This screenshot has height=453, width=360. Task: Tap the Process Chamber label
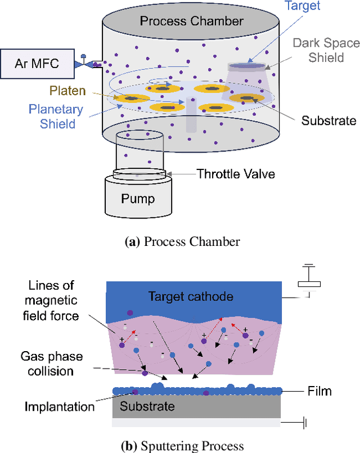[x=191, y=21]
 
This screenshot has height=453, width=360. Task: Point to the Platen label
[x=67, y=91]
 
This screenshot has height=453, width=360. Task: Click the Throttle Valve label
[x=236, y=174]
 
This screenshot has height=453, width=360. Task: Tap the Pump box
[x=138, y=199]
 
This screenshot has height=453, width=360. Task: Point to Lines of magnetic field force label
[x=51, y=300]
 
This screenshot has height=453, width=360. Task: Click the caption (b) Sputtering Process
[x=182, y=446]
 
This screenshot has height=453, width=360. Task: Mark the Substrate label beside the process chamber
[x=328, y=120]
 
